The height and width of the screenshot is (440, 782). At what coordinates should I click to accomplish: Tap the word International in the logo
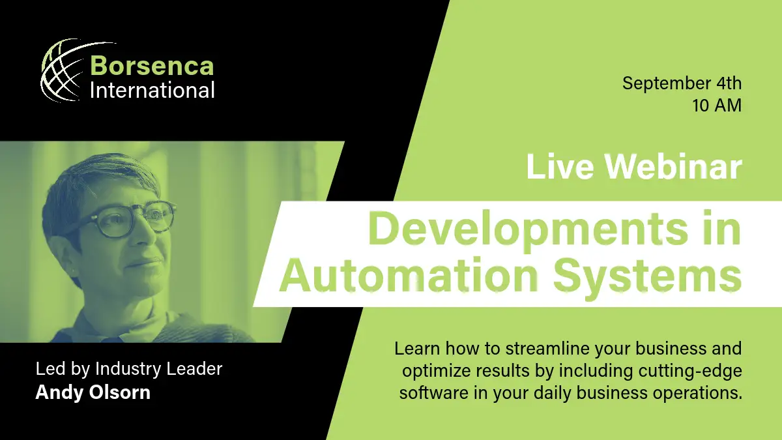pos(152,90)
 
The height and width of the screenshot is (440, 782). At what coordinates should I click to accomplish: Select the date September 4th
pos(682,83)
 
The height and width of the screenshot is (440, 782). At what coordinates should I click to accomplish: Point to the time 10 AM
pos(717,106)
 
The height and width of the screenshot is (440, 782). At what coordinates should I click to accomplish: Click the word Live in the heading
pos(560,168)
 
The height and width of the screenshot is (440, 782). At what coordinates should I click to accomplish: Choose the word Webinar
pos(673,168)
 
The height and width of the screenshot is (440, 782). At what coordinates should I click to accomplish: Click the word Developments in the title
pos(528,229)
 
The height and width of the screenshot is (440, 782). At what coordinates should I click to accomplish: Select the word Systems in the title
pos(648,278)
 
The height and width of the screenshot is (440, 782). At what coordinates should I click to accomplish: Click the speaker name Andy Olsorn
pos(93,392)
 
